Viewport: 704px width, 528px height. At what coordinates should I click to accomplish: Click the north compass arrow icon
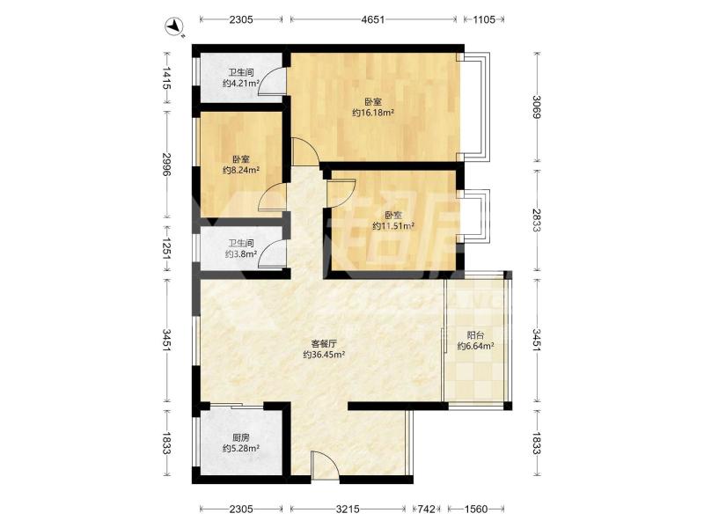coord(174,27)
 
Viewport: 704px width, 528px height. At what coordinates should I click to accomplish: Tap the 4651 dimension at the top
coord(373,19)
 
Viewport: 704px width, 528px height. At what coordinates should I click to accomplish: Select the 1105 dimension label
coord(484,19)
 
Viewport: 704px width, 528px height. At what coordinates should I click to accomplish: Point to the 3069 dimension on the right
coord(537,106)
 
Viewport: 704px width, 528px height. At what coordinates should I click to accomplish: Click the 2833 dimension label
coord(537,220)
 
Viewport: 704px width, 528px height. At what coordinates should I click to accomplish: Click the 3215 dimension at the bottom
coord(348,509)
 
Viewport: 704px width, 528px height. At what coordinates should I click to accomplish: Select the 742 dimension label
coord(426,509)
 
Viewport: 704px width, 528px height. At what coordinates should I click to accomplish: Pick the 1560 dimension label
coord(475,509)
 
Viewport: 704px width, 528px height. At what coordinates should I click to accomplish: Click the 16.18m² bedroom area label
coord(372,113)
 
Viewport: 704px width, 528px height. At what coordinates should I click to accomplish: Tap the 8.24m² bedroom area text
coord(241,170)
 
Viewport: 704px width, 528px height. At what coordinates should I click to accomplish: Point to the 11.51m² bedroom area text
coord(392,226)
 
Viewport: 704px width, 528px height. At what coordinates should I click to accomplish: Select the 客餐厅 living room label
coord(324,344)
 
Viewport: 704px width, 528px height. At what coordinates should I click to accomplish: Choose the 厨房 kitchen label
coord(241,437)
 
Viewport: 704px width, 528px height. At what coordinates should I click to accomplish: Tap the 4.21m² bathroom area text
coord(241,83)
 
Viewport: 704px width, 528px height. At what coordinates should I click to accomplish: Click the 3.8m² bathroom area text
coord(241,254)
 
